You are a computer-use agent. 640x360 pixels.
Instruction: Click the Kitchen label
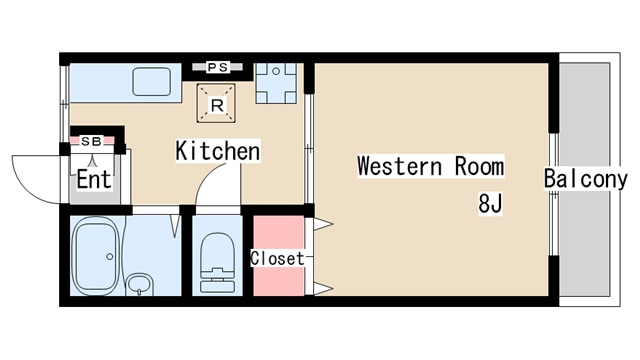point(218,151)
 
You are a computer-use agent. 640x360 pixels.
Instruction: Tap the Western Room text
point(431,166)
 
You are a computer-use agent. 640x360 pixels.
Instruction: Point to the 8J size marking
point(490,203)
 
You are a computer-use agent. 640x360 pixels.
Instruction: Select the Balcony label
point(585,179)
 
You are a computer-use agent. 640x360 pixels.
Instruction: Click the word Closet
point(278,258)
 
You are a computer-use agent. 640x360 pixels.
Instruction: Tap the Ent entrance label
point(94,179)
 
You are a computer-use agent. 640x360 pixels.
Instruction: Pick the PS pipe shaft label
point(218,67)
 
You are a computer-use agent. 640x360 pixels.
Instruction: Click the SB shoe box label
point(91,141)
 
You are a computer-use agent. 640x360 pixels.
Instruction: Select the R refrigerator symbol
point(216,103)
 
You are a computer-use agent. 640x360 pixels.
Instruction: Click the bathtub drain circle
point(109,257)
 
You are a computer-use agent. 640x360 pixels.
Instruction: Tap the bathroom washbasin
point(139,284)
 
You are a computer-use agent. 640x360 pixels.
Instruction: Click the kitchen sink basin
point(151,82)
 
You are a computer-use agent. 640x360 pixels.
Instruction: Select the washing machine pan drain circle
point(276,71)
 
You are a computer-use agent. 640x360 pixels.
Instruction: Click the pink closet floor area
point(279,256)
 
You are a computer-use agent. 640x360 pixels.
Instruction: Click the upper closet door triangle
point(323,224)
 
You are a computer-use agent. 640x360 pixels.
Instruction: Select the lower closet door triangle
point(323,289)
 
